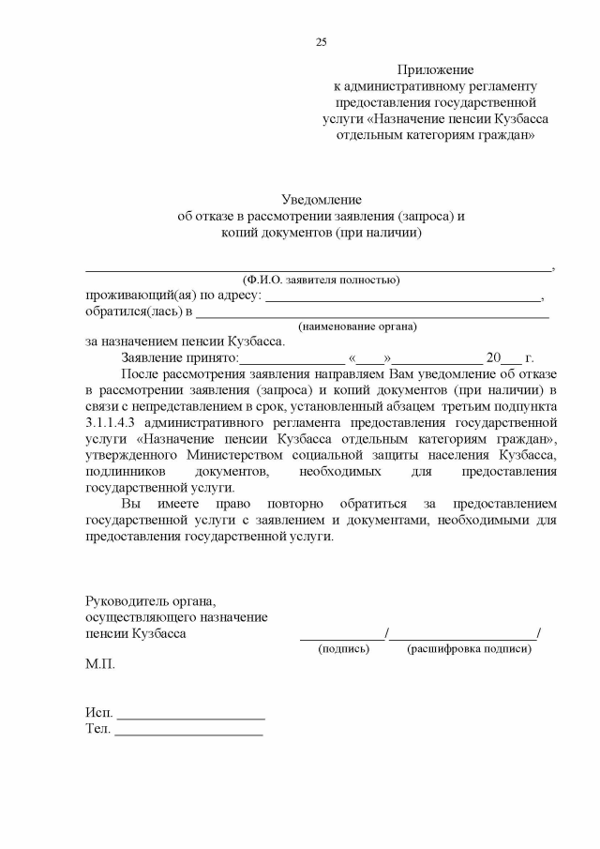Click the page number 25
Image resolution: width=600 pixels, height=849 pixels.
point(322,42)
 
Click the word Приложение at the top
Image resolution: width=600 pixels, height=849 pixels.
point(435,70)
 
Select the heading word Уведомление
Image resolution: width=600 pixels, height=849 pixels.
point(322,200)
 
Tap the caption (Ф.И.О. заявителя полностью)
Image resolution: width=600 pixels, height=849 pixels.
point(321,280)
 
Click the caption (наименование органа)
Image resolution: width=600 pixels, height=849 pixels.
point(357,326)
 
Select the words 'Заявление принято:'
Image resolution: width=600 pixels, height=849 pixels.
point(180,358)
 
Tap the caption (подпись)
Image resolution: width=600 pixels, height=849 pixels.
point(344,649)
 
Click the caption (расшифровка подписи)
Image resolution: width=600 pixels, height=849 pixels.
point(469,649)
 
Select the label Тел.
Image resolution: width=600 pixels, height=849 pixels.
point(97,729)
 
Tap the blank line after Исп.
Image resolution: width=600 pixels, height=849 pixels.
point(190,717)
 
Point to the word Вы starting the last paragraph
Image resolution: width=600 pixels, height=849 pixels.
point(132,503)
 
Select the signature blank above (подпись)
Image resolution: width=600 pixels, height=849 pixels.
point(341,637)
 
